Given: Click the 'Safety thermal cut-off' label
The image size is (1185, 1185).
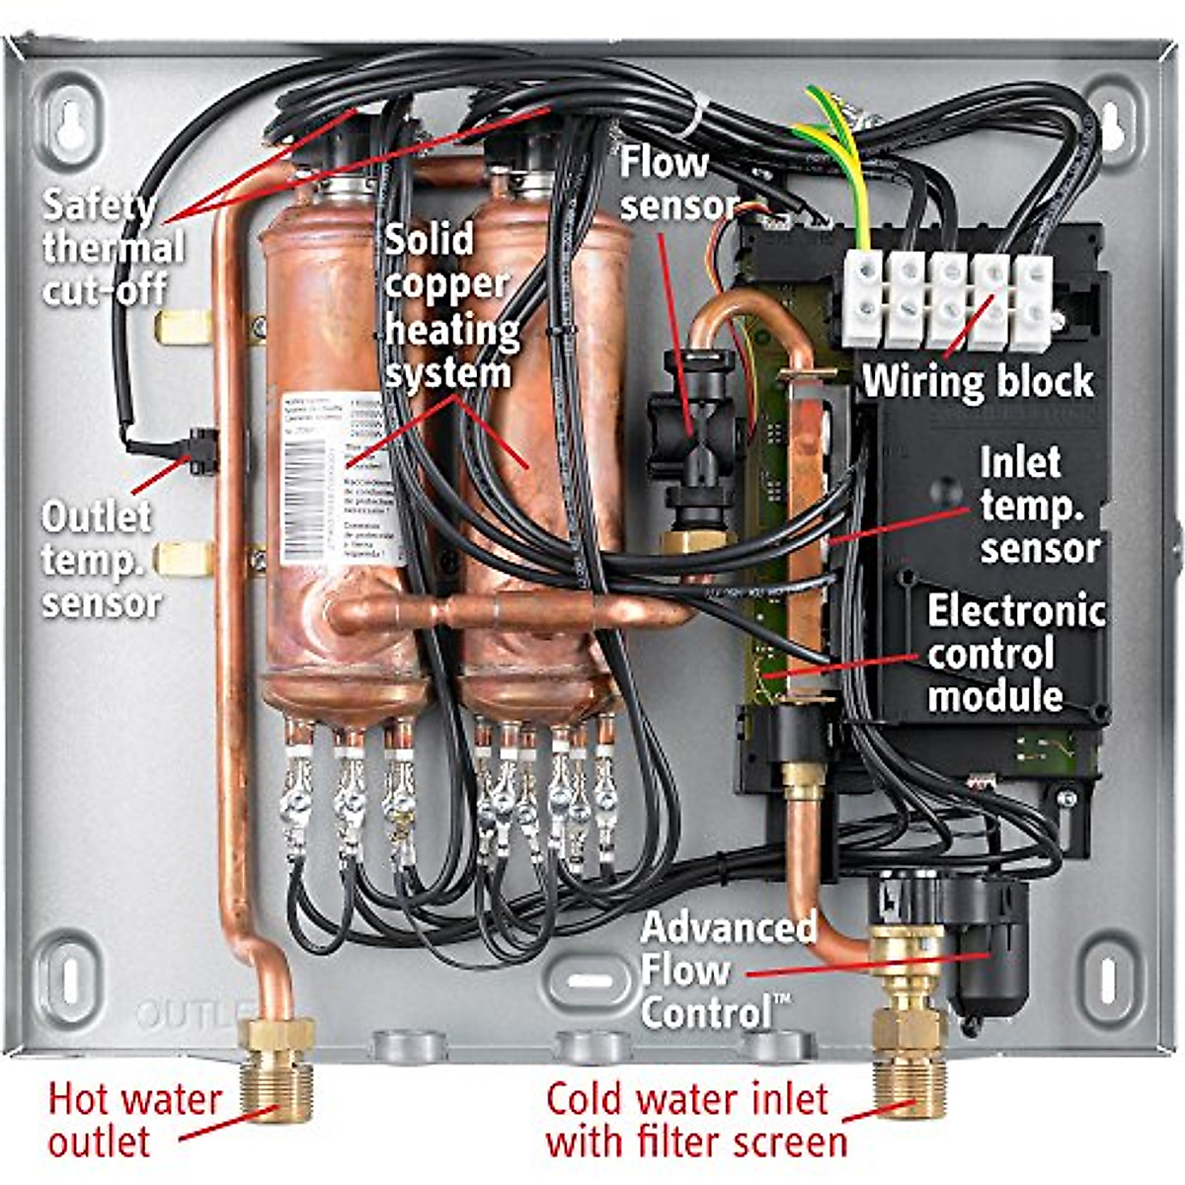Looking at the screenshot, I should coord(112,247).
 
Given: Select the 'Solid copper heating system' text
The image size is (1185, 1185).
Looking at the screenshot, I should coord(450,306).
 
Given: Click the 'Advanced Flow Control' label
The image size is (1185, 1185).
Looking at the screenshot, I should coord(729,970).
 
